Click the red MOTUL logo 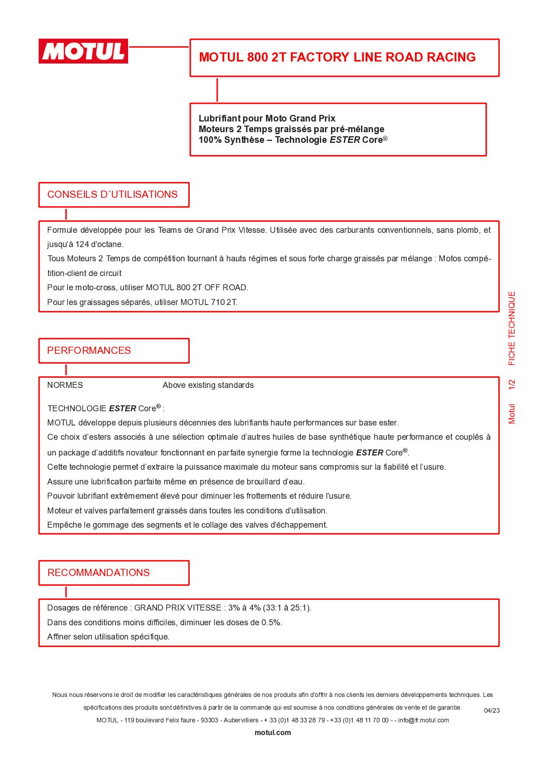(83, 51)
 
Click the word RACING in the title (451, 57)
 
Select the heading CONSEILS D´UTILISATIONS (112, 195)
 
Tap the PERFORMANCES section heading (89, 351)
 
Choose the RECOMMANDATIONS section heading (99, 573)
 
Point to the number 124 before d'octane (82, 245)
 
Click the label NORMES (65, 385)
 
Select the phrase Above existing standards (208, 385)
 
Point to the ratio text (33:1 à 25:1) (287, 608)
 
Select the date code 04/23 (492, 711)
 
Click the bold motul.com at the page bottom (273, 733)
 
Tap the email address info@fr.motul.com (424, 720)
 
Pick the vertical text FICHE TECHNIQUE (512, 328)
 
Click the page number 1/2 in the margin (512, 385)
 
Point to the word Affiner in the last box (59, 637)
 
